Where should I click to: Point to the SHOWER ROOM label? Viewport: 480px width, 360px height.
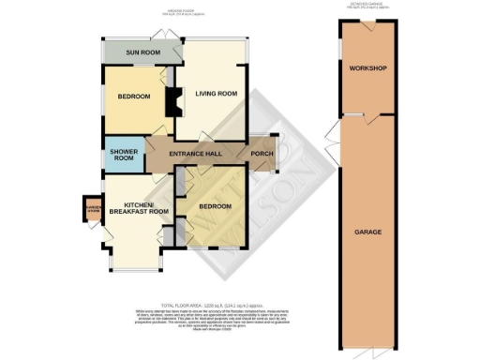point(124,155)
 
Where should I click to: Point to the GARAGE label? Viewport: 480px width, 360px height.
point(367,231)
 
